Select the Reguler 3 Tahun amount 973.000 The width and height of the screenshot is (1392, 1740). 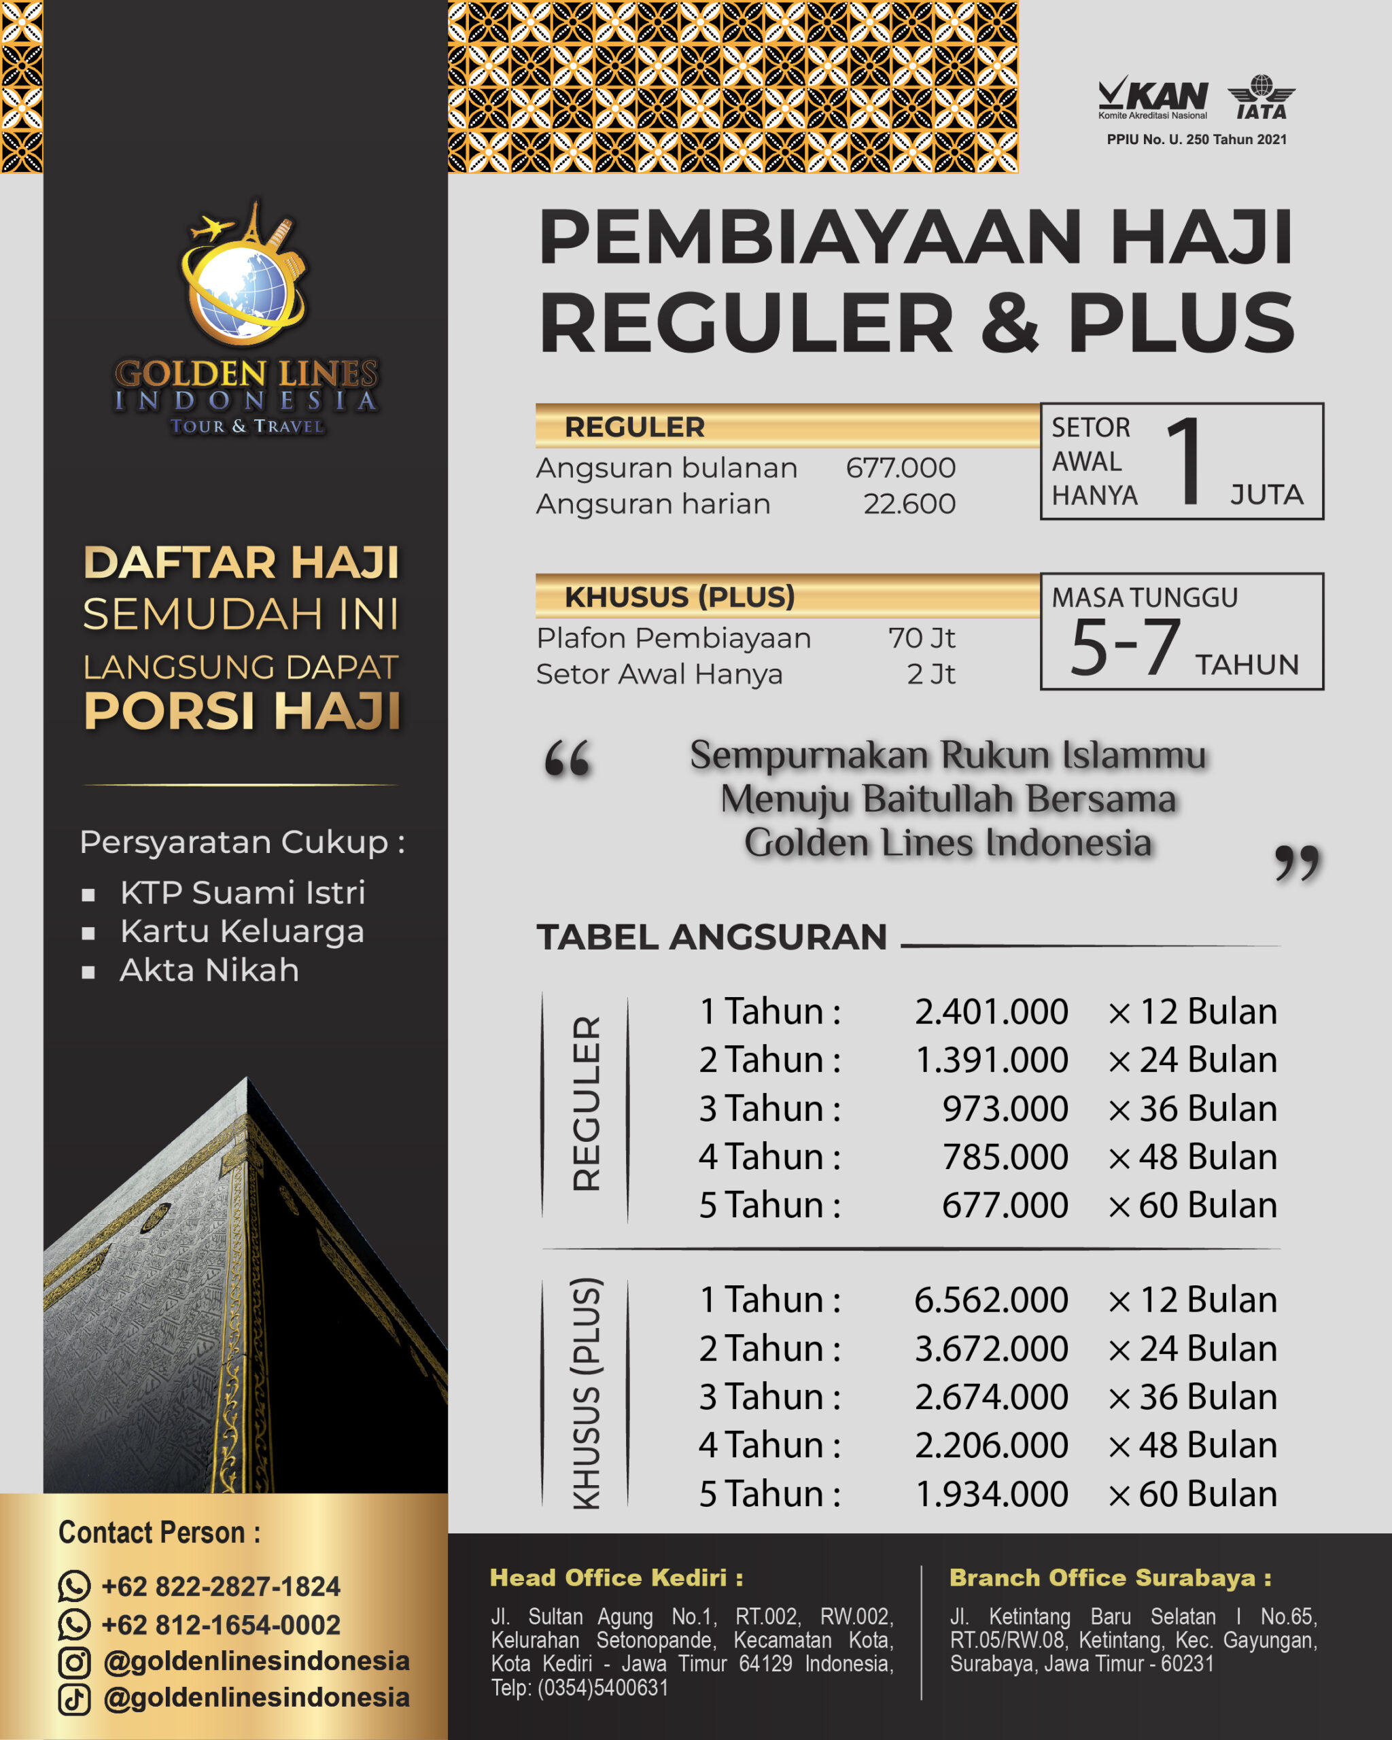click(1005, 1109)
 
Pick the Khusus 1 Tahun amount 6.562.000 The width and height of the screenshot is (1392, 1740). click(991, 1300)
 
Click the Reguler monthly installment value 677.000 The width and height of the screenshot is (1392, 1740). click(900, 468)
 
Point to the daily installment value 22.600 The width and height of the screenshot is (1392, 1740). click(909, 504)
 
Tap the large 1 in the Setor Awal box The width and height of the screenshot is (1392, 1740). click(1185, 462)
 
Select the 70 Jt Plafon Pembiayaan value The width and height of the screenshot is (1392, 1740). click(922, 638)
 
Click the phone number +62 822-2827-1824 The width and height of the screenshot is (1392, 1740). click(220, 1586)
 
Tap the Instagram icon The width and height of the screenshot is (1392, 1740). click(74, 1662)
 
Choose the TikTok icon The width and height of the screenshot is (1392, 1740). click(74, 1699)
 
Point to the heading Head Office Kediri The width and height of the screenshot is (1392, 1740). click(616, 1578)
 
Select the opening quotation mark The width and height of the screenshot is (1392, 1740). click(568, 759)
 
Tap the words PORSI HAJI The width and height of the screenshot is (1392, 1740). click(242, 712)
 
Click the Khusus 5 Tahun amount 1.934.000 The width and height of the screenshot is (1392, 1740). click(991, 1494)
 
